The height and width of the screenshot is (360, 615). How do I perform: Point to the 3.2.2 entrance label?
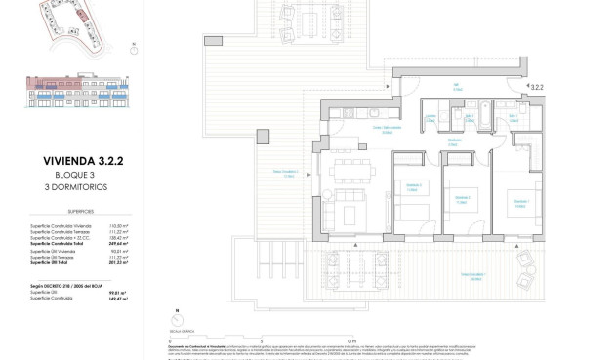[x=536, y=87]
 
